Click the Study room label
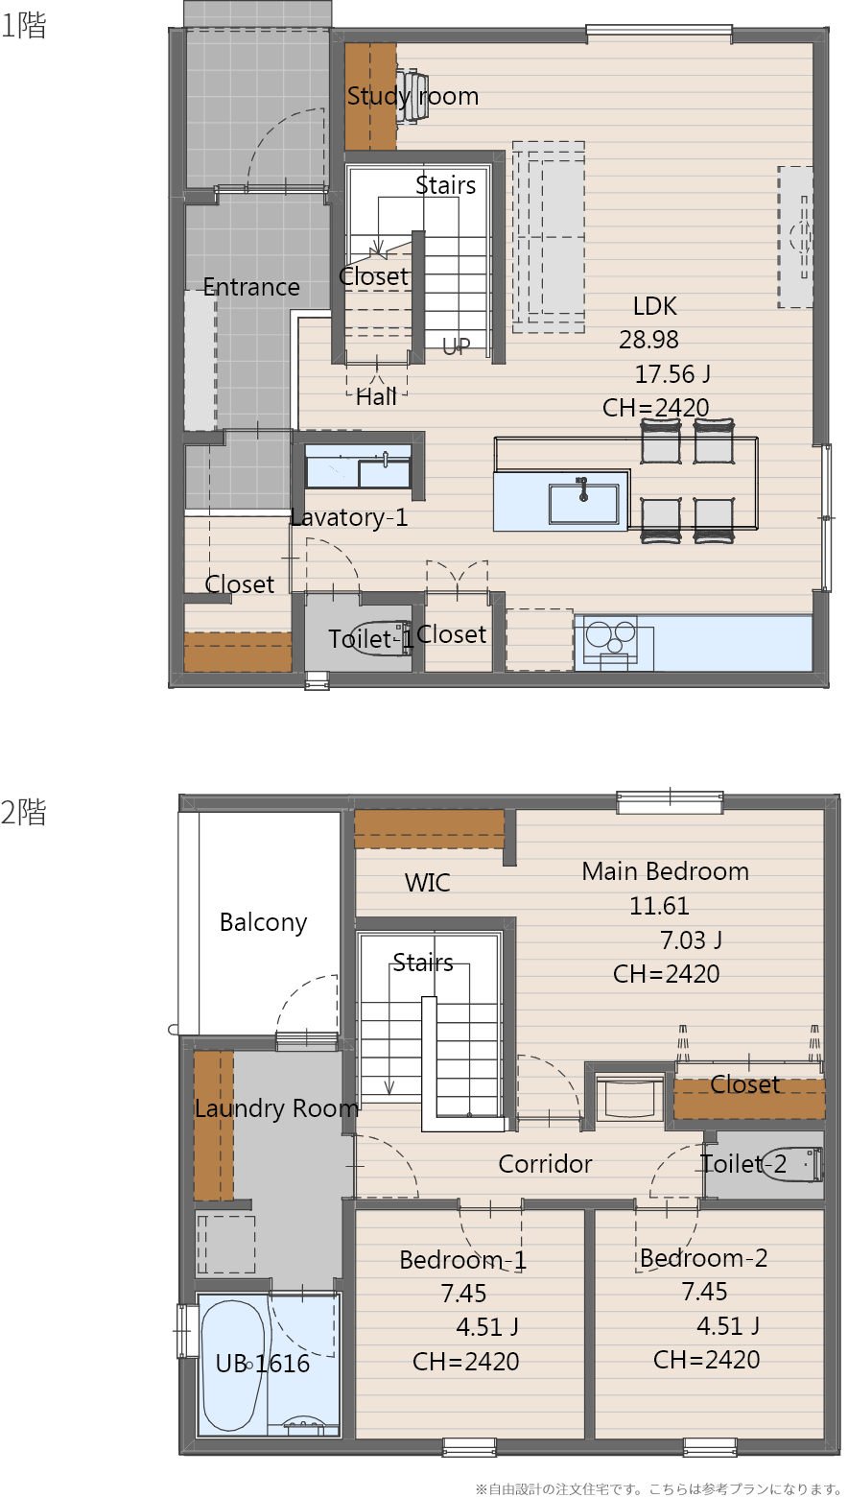pos(412,96)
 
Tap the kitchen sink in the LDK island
pos(583,504)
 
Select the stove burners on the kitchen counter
pos(609,636)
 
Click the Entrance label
pos(251,287)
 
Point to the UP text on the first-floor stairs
pos(457,345)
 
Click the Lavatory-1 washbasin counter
pos(358,466)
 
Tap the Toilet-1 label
pos(370,639)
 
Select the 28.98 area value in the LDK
pos(648,340)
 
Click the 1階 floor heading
pos(23,25)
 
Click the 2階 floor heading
pos(23,812)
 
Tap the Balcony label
pos(263,922)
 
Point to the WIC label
pos(427,883)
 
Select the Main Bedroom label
pos(665,871)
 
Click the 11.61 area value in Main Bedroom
pos(659,906)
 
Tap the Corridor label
pos(545,1164)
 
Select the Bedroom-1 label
pos(463,1260)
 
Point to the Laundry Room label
pos(276,1108)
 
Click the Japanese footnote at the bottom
pos(658,1488)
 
